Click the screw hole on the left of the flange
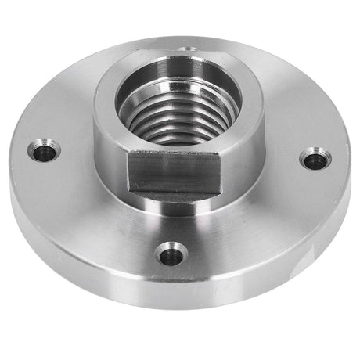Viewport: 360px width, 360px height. pyautogui.click(x=45, y=151)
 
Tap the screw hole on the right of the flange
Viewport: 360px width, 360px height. pyautogui.click(x=315, y=160)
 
